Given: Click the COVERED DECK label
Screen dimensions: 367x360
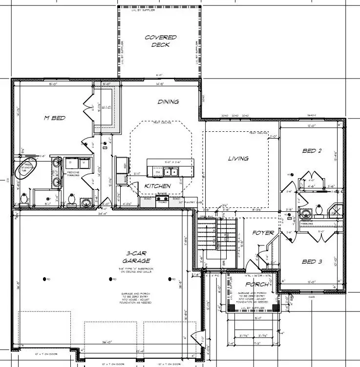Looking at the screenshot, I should (x=161, y=41).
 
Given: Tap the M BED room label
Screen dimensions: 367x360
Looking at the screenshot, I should (x=55, y=118).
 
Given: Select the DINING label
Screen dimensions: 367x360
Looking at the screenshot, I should (x=168, y=102).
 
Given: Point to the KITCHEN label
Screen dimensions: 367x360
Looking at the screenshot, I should (x=157, y=186).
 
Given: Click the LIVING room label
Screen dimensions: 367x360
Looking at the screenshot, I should (x=238, y=159).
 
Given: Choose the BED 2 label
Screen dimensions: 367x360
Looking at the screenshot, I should (x=312, y=151).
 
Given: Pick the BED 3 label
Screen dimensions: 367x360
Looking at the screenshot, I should (x=312, y=262).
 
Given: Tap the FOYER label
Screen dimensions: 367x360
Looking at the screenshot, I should (x=263, y=233).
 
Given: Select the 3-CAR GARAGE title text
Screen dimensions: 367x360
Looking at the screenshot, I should (x=130, y=257).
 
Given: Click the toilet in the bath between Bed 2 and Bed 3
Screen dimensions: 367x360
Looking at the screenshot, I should (x=319, y=210).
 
